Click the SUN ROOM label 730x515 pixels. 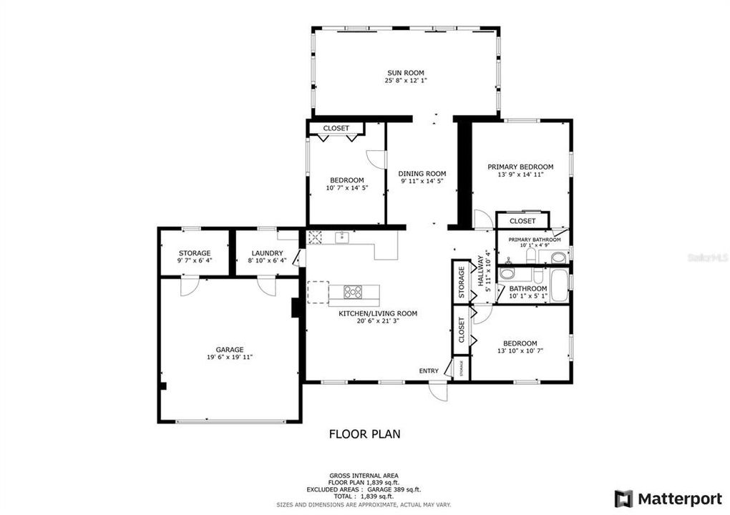pos(406,72)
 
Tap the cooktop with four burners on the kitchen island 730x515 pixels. pos(353,292)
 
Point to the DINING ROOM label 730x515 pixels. pos(422,173)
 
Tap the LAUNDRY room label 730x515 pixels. pos(267,252)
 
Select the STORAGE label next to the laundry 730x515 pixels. pos(195,252)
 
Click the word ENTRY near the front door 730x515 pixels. pos(429,371)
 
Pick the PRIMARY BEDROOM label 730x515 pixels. pos(520,167)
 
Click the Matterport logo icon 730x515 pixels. pos(623,498)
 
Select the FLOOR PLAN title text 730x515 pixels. pos(364,433)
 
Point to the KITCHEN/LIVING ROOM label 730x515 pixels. pos(378,313)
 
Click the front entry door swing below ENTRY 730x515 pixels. pos(437,393)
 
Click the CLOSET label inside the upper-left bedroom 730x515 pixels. pos(336,128)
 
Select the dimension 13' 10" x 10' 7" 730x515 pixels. pos(520,351)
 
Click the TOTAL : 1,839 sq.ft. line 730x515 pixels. pos(364,496)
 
